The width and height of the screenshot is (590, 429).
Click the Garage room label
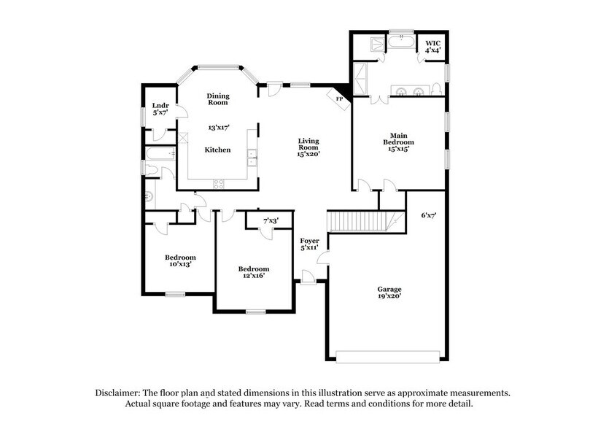pos(389,289)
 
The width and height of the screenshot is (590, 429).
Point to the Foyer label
pos(310,241)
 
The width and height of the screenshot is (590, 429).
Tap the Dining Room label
pos(218,98)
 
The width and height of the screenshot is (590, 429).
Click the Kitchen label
pos(217,150)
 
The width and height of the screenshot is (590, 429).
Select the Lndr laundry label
pos(160,106)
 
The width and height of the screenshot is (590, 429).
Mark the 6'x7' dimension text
pos(429,216)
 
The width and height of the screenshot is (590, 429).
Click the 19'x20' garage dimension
pos(389,298)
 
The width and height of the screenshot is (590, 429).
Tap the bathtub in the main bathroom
pos(400,43)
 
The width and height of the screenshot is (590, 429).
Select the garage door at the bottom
pos(388,356)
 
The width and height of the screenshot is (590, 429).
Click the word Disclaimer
pos(120,393)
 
